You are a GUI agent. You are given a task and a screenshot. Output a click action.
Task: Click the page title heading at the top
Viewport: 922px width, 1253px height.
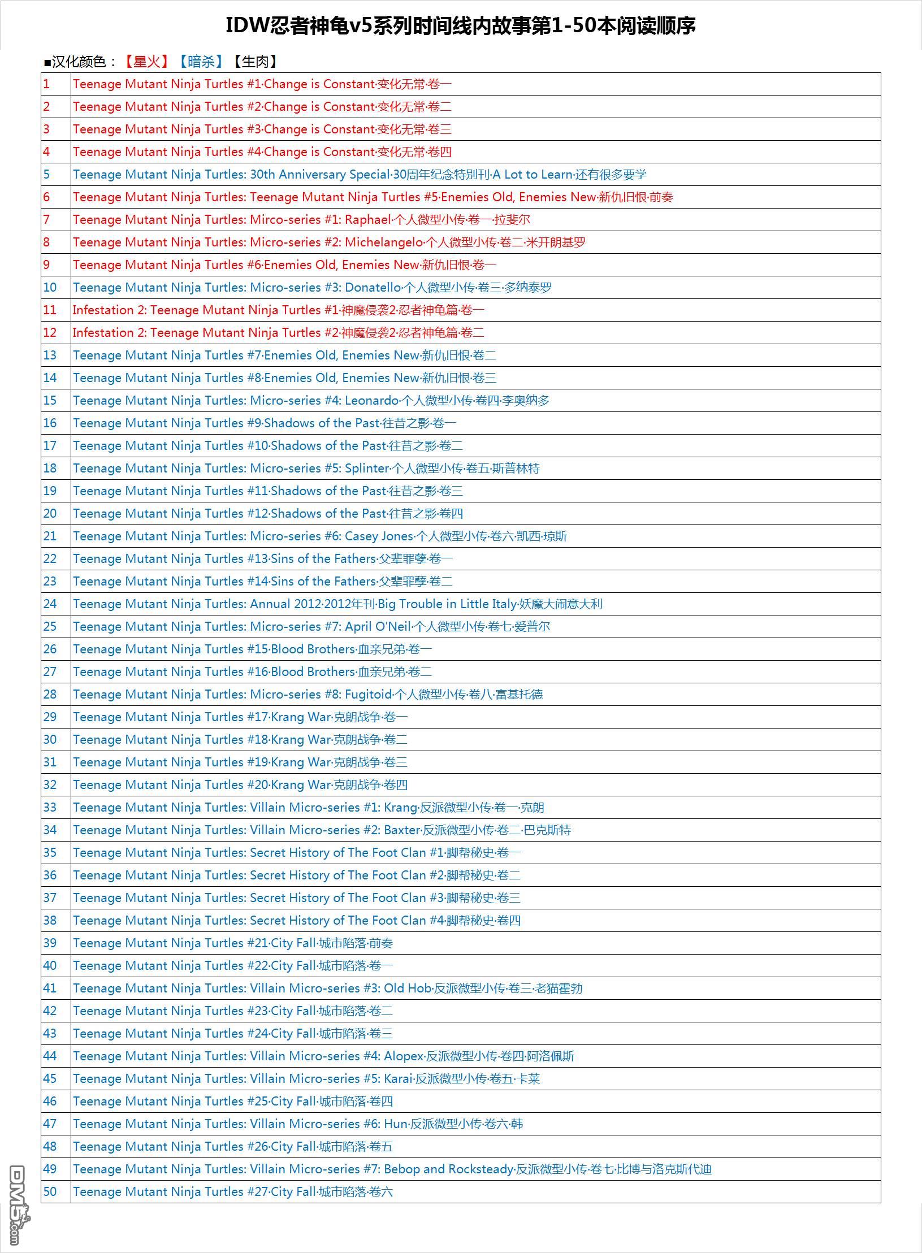point(460,25)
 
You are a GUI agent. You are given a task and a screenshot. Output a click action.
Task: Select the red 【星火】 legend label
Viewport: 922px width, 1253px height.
point(147,62)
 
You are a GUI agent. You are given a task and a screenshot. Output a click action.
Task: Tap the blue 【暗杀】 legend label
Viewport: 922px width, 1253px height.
point(201,62)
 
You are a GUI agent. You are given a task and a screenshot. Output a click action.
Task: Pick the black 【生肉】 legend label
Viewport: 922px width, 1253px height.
point(255,62)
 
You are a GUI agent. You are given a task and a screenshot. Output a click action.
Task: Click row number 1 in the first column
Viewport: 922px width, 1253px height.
point(47,84)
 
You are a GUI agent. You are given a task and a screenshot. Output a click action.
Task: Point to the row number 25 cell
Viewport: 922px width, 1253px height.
point(50,627)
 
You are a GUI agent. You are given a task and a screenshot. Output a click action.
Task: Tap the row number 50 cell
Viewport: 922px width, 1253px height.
point(50,1192)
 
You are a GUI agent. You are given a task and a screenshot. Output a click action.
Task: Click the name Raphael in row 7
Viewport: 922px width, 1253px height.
point(368,220)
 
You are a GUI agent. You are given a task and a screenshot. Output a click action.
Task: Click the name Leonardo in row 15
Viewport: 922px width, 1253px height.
point(372,401)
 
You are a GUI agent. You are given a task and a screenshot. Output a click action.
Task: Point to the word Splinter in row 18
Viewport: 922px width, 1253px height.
point(367,469)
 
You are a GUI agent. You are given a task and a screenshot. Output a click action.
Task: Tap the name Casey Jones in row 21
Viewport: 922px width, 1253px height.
point(379,536)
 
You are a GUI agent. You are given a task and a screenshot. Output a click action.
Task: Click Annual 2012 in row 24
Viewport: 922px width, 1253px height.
point(285,604)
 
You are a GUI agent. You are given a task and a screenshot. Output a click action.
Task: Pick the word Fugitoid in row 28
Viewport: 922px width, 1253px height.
point(369,695)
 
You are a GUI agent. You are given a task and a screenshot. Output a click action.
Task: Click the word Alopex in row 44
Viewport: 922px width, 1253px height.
point(404,1056)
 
